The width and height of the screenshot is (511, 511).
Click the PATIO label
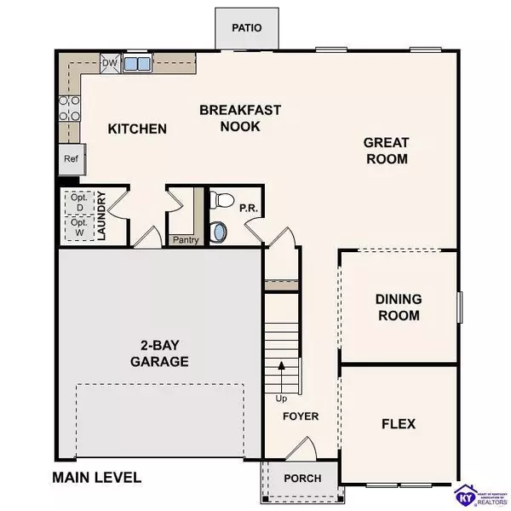point(247,28)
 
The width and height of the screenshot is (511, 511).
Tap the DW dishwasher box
point(109,62)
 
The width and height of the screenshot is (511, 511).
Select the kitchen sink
point(136,63)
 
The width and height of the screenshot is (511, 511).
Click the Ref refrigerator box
point(70,159)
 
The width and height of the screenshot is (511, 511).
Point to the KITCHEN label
point(137,129)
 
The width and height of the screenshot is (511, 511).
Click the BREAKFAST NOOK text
point(230,118)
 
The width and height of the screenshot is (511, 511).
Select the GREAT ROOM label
point(386,151)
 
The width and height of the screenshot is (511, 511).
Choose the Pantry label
point(185,240)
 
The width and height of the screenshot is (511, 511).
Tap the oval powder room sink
point(221,231)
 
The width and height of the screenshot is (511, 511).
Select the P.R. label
point(248,206)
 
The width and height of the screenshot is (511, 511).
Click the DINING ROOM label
point(398,307)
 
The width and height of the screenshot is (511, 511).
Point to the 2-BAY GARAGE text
point(159,353)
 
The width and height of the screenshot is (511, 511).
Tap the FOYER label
point(301,416)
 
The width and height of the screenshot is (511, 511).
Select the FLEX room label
point(398,423)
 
